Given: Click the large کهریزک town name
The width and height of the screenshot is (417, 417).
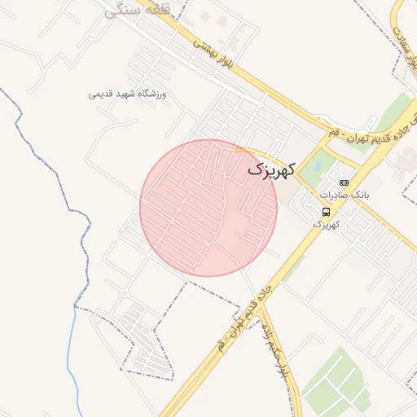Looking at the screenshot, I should click(x=271, y=170).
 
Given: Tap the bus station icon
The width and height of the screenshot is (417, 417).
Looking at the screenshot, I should click(x=326, y=212).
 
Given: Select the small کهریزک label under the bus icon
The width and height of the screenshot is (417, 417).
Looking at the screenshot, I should click(x=325, y=223).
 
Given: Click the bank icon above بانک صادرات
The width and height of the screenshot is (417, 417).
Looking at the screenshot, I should click(x=344, y=183).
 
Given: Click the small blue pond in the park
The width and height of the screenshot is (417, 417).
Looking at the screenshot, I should click(x=315, y=167).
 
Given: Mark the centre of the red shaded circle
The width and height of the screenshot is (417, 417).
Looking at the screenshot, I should click(x=208, y=208).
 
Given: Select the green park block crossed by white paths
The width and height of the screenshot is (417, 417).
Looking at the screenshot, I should click(x=335, y=384).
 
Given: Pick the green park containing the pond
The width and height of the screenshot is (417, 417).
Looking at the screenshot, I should click(x=318, y=167).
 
